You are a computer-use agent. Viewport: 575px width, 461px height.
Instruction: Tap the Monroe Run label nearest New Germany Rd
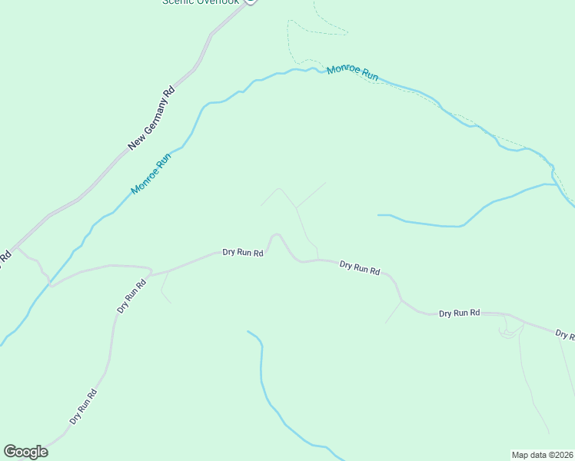tap(151, 174)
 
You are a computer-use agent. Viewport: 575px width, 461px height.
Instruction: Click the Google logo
tap(25, 452)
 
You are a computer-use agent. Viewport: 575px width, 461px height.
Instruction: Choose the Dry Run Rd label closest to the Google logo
tap(83, 407)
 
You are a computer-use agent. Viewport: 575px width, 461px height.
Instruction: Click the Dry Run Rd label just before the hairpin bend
tap(243, 251)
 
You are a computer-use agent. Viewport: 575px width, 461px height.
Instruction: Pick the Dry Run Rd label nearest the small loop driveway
tap(460, 313)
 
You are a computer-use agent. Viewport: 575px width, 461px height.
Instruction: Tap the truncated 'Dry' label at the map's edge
tap(565, 335)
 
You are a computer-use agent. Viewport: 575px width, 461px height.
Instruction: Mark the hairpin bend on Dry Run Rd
tap(275, 235)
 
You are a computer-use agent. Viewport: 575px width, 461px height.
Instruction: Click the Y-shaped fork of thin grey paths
tap(296, 207)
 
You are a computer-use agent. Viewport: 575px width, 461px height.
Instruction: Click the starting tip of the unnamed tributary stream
tap(378, 215)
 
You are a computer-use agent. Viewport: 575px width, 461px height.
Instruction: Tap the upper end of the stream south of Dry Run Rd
tap(248, 331)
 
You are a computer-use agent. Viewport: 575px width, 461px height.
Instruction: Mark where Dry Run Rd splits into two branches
tap(151, 273)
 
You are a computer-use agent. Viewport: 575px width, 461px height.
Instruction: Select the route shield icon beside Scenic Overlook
tap(250, 2)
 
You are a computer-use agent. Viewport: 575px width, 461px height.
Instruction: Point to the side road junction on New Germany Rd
tap(17, 248)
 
